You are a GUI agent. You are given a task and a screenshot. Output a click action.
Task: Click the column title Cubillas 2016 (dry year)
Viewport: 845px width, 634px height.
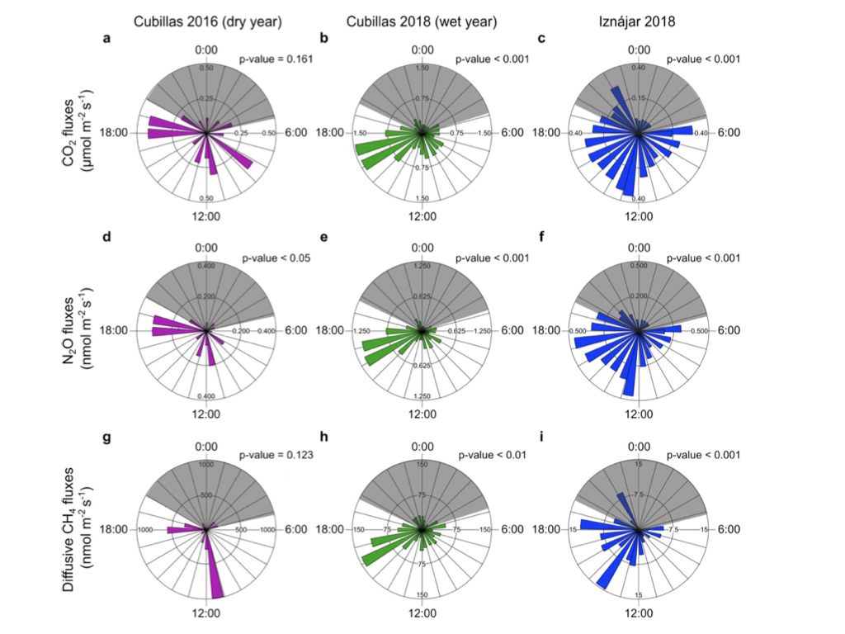(x=205, y=23)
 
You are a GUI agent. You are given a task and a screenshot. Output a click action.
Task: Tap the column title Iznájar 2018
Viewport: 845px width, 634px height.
(x=637, y=23)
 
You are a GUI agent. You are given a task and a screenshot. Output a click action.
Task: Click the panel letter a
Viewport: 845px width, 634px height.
(x=106, y=38)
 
